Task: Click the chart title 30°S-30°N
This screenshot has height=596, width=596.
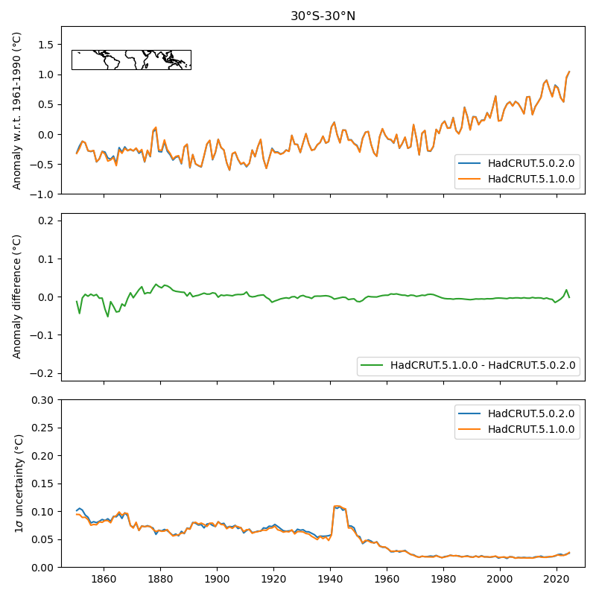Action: click(x=323, y=16)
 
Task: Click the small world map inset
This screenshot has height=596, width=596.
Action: click(x=131, y=60)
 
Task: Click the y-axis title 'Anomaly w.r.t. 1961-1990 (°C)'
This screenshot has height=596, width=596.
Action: click(x=17, y=110)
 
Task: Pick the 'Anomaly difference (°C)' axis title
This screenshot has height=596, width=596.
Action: click(x=17, y=297)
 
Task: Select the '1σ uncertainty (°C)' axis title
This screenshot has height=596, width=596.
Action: click(x=17, y=484)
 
